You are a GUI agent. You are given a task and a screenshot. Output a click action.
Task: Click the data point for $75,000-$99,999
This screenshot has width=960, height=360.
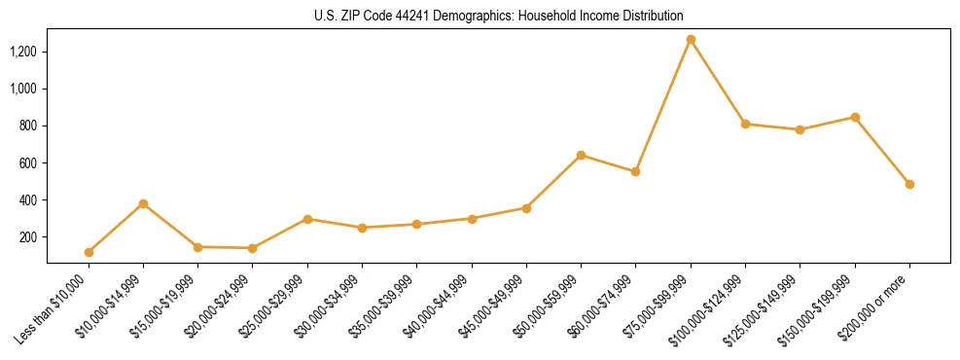tap(691, 40)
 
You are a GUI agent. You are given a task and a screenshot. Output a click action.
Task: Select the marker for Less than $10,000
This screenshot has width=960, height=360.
tap(89, 252)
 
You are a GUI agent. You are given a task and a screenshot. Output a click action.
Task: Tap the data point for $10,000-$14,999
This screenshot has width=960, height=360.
tap(143, 203)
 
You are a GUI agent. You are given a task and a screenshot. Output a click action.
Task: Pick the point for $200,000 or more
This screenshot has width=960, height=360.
tap(909, 184)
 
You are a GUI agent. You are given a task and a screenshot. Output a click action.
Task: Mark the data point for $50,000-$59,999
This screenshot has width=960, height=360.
tap(581, 155)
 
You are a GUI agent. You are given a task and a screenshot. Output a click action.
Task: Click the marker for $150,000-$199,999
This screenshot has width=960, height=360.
tap(855, 117)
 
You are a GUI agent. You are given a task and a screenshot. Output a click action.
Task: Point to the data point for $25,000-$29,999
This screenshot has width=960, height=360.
tap(307, 219)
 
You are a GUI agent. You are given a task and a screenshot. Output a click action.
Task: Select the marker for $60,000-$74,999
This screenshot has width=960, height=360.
tap(635, 171)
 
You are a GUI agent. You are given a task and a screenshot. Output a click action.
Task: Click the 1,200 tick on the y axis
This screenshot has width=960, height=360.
tap(24, 52)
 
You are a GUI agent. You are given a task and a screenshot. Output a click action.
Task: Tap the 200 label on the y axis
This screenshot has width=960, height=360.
tap(29, 237)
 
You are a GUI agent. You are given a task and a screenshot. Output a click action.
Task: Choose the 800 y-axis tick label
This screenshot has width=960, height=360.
tap(29, 126)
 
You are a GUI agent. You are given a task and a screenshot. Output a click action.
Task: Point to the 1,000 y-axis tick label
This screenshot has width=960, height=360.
tap(24, 89)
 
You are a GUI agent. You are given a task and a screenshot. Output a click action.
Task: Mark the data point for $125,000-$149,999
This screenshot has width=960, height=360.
tap(800, 129)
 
